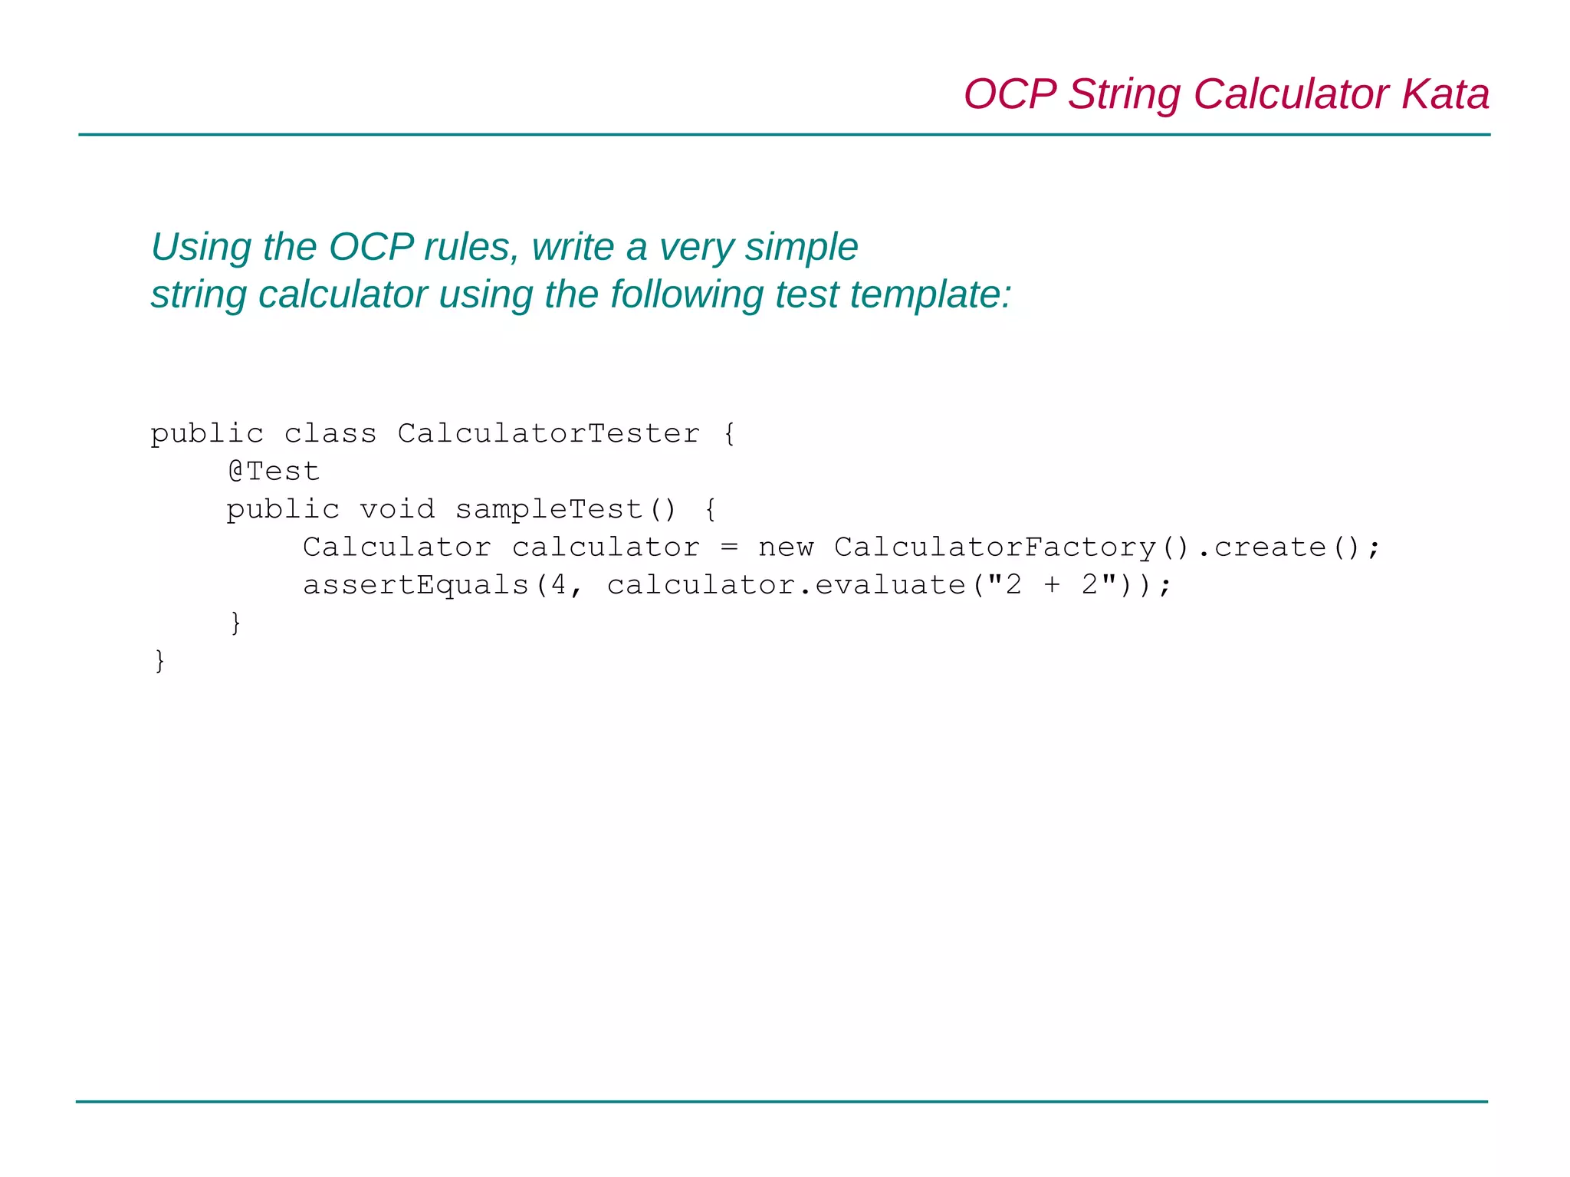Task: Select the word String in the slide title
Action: click(x=1125, y=94)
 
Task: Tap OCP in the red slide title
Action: click(x=1010, y=94)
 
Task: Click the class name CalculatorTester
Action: click(x=548, y=433)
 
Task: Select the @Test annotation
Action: click(x=274, y=471)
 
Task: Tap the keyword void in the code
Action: click(x=397, y=509)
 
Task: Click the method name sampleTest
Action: click(x=549, y=509)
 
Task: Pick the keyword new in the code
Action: click(x=786, y=547)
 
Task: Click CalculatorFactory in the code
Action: click(x=995, y=547)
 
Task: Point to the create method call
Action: click(x=1270, y=547)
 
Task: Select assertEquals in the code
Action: click(x=415, y=585)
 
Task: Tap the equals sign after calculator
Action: click(x=729, y=547)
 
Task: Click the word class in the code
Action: click(x=330, y=433)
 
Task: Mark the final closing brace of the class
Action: click(x=159, y=660)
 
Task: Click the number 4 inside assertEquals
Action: click(x=558, y=585)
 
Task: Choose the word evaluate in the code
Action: click(x=890, y=585)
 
